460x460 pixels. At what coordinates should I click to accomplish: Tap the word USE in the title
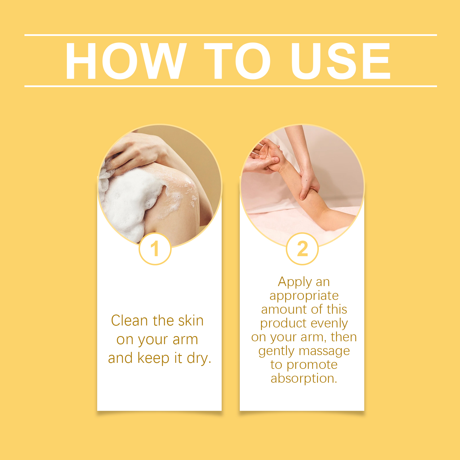[x=341, y=61]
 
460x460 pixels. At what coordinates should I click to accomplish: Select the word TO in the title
[x=237, y=61]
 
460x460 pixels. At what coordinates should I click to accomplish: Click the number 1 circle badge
[x=155, y=249]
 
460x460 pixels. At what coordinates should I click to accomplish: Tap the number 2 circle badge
[x=302, y=249]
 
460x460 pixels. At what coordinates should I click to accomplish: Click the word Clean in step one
[x=129, y=321]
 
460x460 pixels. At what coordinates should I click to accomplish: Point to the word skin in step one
[x=191, y=321]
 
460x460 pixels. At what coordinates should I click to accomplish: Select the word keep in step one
[x=154, y=359]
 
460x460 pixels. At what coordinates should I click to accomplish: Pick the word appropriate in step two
[x=304, y=296]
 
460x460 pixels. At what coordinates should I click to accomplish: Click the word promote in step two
[x=312, y=365]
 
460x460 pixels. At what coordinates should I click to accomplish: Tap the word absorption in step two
[x=304, y=379]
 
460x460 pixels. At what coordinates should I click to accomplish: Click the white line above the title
[x=231, y=35]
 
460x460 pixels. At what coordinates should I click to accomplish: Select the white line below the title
[x=231, y=86]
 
